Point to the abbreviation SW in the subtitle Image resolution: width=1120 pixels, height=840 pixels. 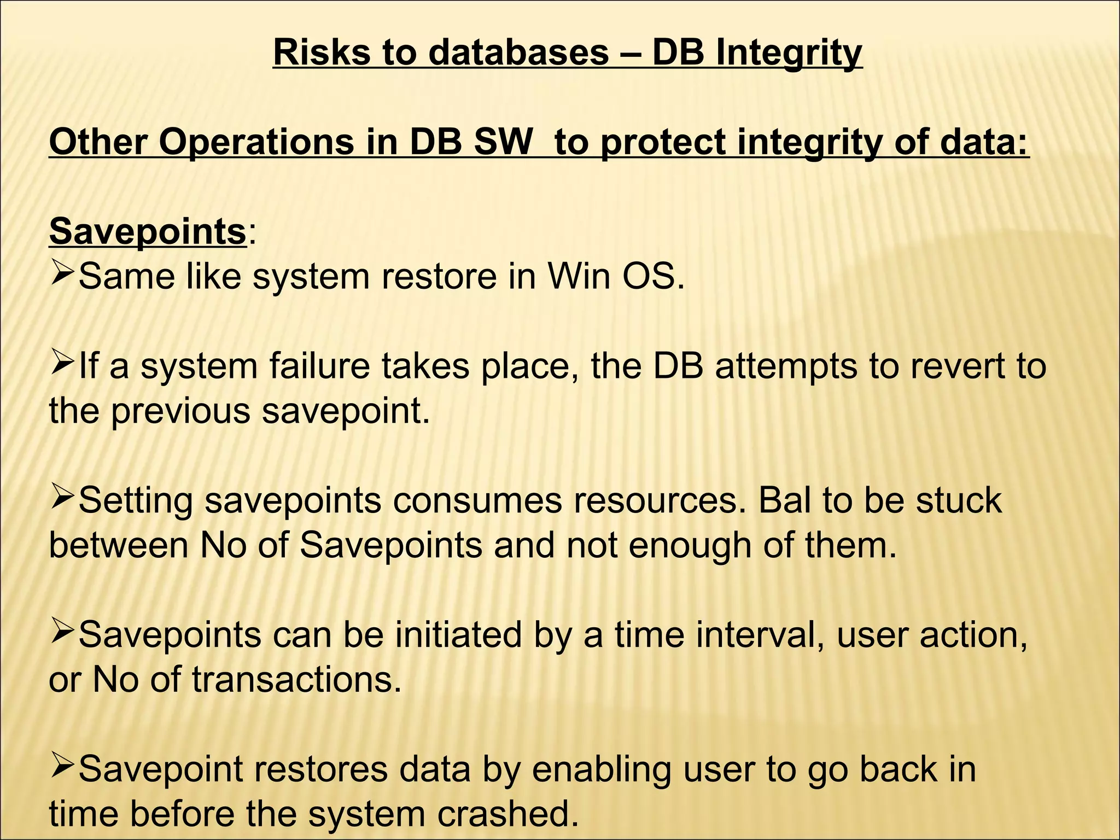501,142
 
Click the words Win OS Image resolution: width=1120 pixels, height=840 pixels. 616,277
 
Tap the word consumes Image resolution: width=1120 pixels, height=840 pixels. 477,501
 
